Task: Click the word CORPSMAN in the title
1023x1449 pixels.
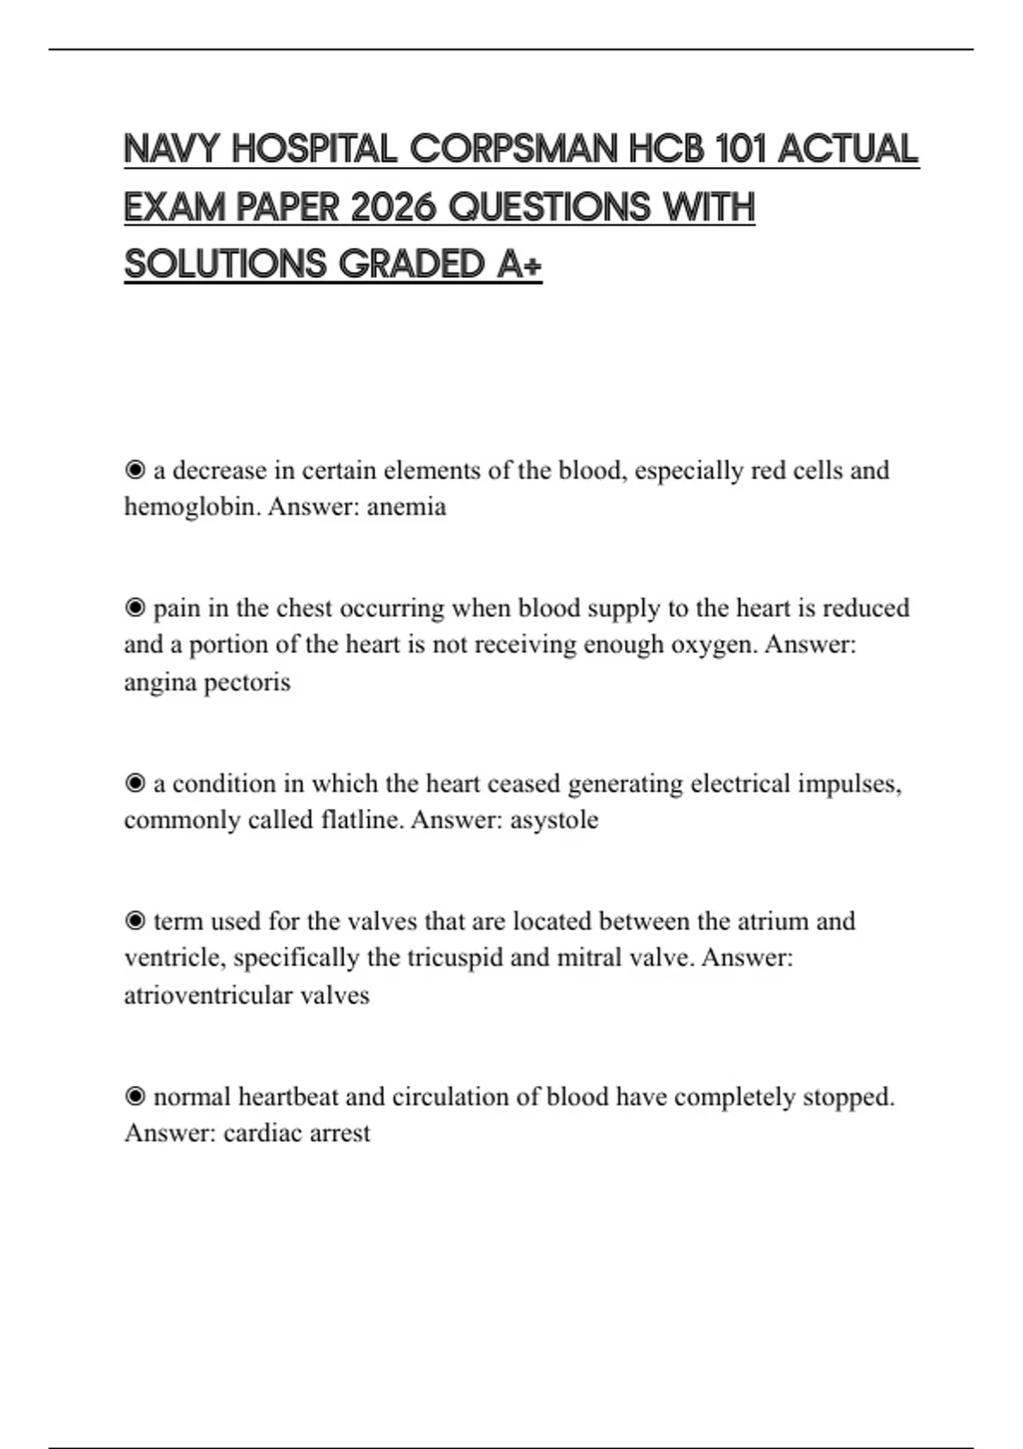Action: (514, 150)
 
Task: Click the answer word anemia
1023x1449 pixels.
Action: (407, 507)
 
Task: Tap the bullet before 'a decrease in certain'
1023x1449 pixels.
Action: (135, 470)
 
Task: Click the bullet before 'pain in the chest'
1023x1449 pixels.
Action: (135, 608)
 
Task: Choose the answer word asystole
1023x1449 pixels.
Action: (554, 820)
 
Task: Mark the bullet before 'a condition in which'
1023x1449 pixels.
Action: (135, 783)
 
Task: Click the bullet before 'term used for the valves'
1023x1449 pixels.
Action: (135, 921)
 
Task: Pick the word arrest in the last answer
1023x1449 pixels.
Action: (340, 1134)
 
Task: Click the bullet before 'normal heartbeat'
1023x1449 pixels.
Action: (135, 1097)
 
